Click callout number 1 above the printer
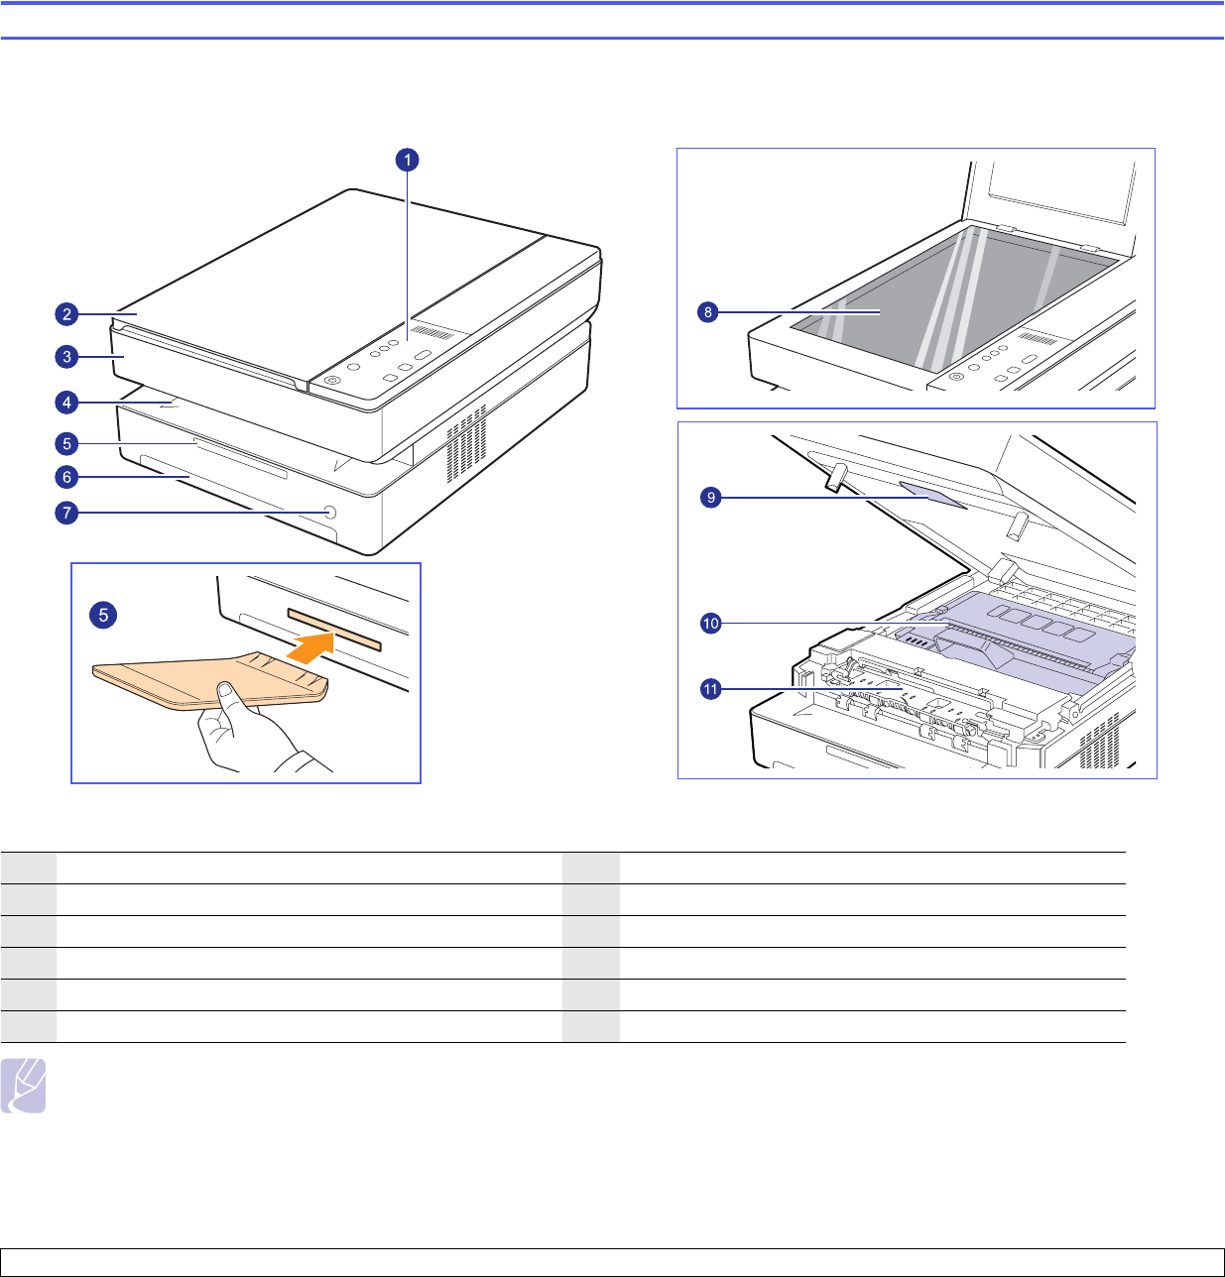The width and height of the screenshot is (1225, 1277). (x=407, y=160)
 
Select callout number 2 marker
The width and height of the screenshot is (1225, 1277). (x=67, y=314)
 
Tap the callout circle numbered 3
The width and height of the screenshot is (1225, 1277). (x=67, y=357)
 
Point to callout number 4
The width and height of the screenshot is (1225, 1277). (x=67, y=403)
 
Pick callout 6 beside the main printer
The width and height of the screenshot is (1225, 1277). (x=67, y=477)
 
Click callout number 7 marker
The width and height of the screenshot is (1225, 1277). (x=67, y=513)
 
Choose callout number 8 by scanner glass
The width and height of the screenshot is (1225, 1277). (x=707, y=312)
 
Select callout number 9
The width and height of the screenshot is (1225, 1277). (x=711, y=498)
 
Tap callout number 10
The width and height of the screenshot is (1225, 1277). (x=711, y=623)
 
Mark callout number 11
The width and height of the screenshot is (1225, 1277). (x=711, y=690)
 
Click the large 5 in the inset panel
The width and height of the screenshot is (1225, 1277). (x=103, y=615)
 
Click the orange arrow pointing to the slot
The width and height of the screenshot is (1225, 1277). (x=310, y=648)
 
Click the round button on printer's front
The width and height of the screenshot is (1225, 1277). (x=330, y=512)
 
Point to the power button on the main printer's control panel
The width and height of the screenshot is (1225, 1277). (x=333, y=381)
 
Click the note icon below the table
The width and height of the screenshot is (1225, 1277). (x=23, y=1086)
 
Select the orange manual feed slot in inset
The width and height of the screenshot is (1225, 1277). (x=334, y=629)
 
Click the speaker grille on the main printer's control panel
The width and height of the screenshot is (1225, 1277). (x=432, y=332)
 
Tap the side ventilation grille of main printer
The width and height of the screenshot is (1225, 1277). (x=467, y=443)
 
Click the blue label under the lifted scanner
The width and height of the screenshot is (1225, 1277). (x=932, y=495)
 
